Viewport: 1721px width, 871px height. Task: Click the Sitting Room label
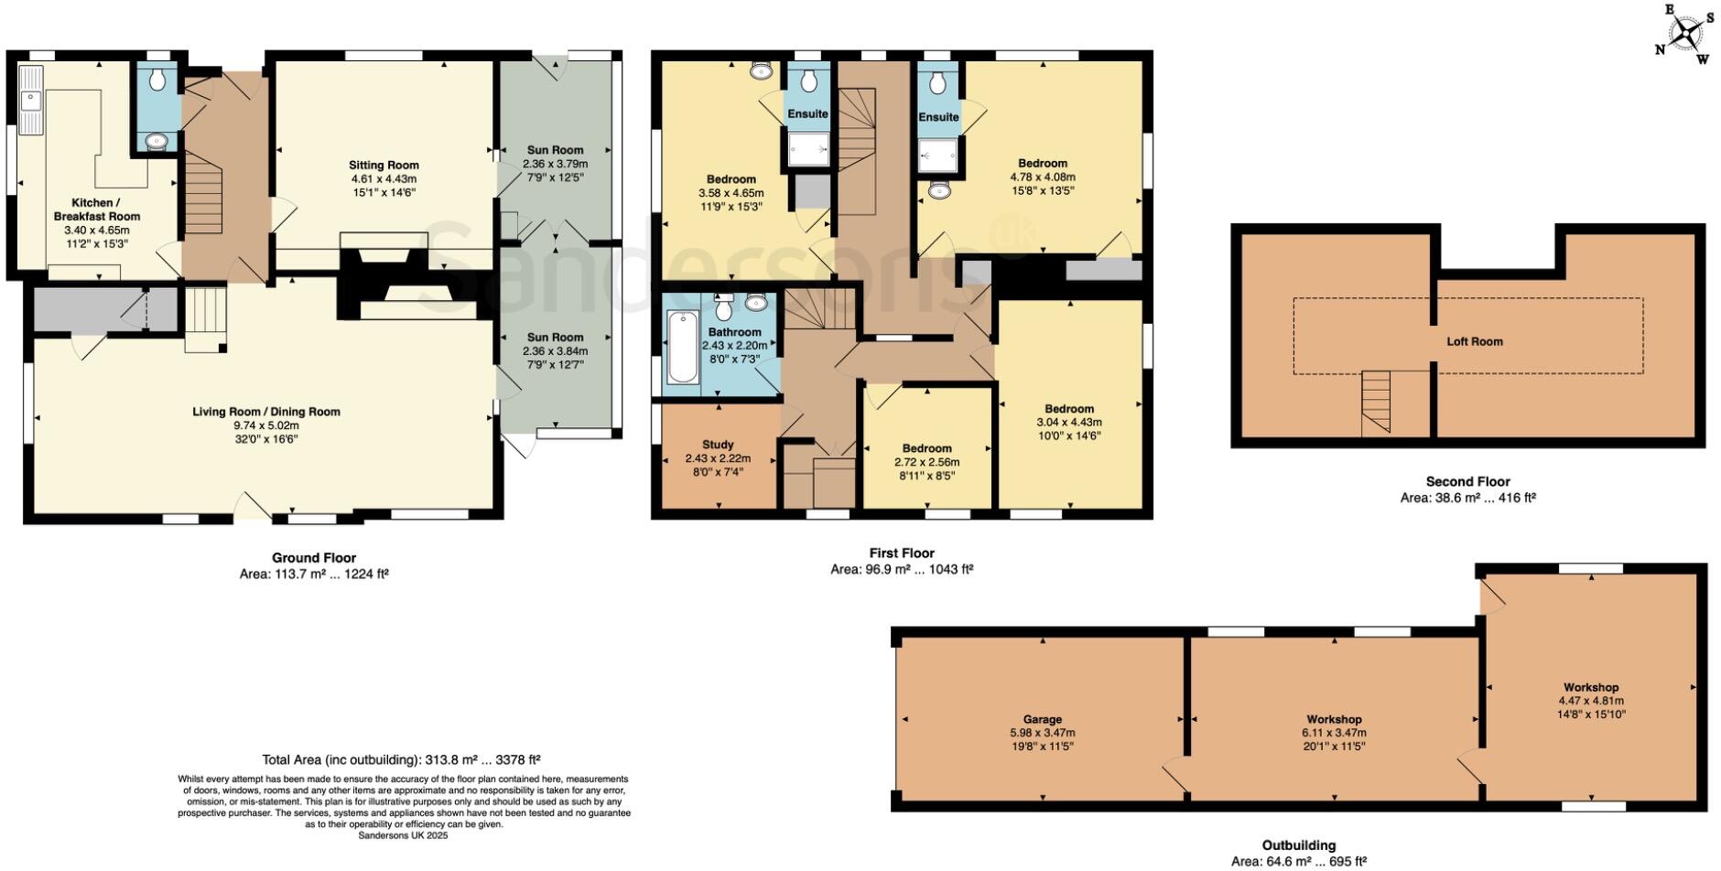384,166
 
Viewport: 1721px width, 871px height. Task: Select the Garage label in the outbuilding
1043,719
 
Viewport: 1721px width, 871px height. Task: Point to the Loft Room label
1475,341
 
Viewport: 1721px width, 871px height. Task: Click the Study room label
718,445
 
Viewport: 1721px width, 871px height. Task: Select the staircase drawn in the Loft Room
1376,403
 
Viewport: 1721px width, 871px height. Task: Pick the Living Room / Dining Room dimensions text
266,432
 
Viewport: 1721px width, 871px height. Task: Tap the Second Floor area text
1467,498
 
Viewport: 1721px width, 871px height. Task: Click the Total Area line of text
401,759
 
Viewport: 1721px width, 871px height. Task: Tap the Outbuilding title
1299,845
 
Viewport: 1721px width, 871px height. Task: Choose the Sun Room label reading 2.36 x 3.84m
555,350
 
